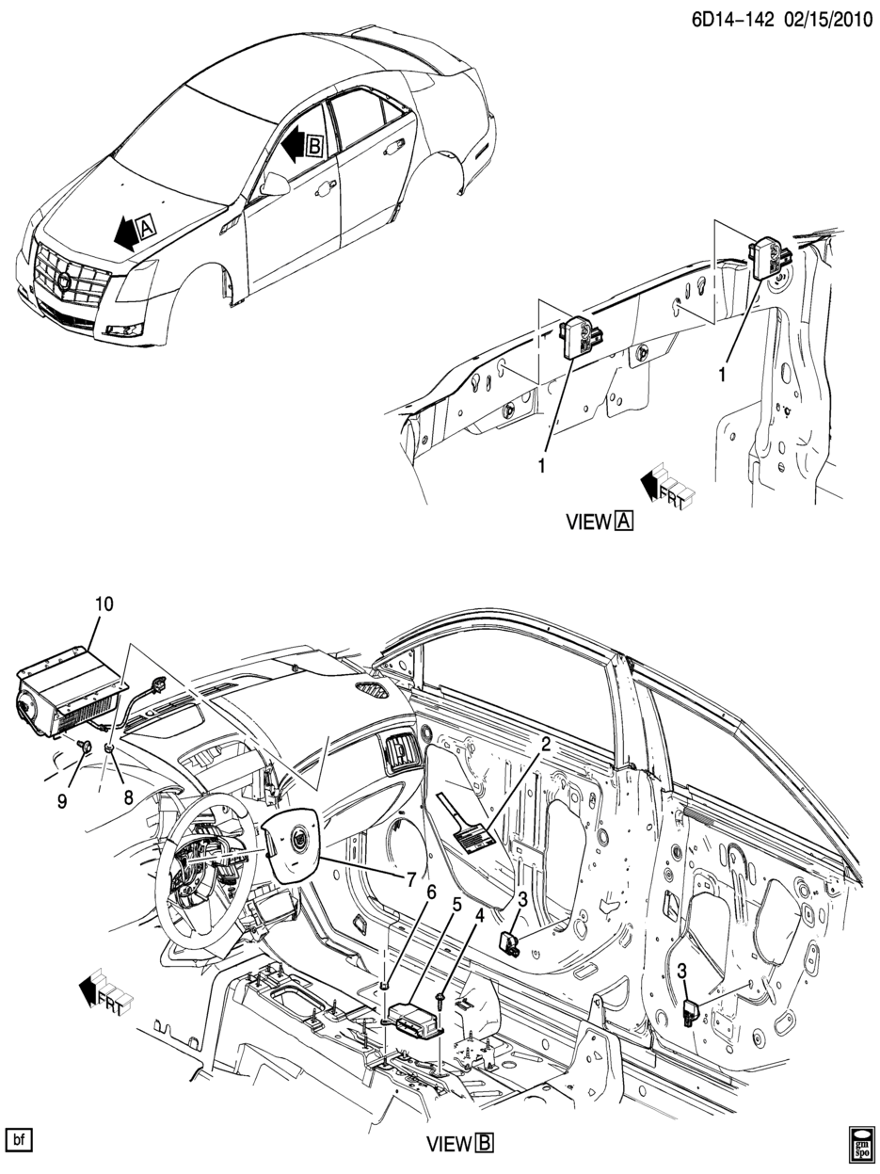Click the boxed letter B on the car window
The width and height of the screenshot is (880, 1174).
(x=315, y=146)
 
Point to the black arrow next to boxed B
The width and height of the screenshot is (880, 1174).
(x=293, y=143)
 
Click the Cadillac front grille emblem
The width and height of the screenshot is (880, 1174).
(x=65, y=281)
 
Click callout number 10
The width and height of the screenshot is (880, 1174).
(x=104, y=603)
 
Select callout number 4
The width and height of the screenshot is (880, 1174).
(x=480, y=916)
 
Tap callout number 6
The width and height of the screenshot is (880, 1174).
(x=431, y=892)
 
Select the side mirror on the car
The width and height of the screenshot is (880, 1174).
(x=275, y=185)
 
